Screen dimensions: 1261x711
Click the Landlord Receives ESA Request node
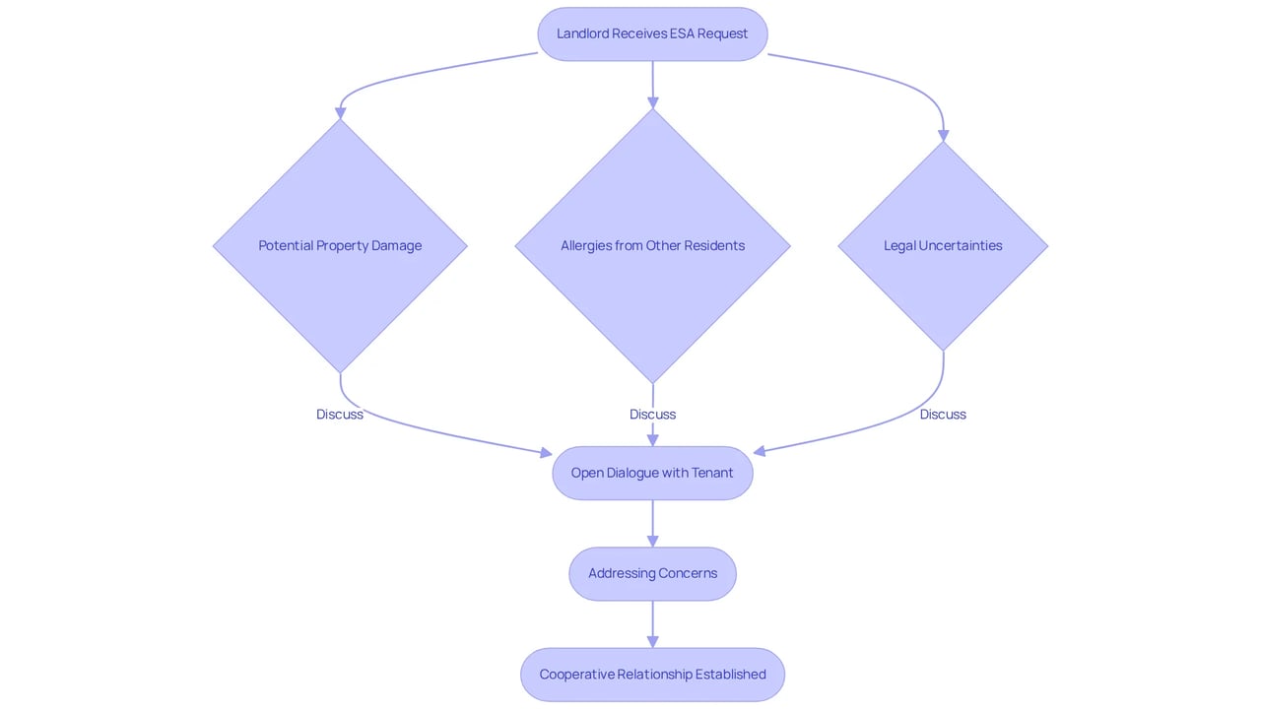click(652, 33)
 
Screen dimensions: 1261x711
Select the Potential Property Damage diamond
click(340, 246)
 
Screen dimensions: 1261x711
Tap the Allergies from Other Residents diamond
click(652, 246)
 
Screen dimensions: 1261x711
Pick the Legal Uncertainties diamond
click(943, 246)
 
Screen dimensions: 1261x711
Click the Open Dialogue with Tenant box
click(652, 473)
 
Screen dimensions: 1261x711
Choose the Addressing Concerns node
click(652, 574)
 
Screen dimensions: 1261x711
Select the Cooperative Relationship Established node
click(652, 675)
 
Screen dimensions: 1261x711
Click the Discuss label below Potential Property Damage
click(340, 415)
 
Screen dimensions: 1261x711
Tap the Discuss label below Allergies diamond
click(652, 415)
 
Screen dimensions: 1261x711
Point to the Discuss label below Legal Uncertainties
click(943, 415)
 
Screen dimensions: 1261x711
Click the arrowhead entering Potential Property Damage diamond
click(340, 113)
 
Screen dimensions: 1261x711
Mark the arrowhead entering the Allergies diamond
click(653, 103)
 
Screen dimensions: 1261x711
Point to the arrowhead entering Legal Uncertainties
click(944, 136)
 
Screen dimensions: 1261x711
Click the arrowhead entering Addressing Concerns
click(653, 541)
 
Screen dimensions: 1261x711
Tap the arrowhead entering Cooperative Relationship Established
click(653, 642)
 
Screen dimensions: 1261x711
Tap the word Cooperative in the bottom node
click(576, 675)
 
